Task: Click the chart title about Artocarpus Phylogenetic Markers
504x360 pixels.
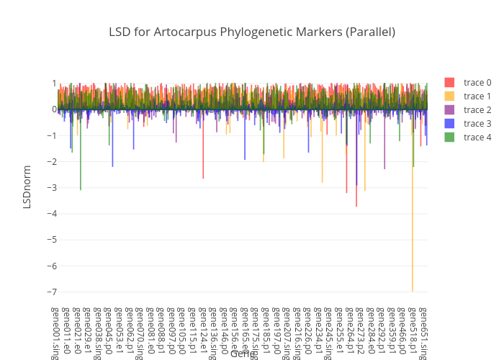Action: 252,32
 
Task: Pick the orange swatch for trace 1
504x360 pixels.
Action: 449,96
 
